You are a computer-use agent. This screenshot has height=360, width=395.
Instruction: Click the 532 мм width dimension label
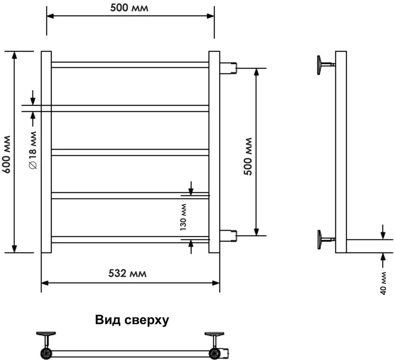[x=127, y=274]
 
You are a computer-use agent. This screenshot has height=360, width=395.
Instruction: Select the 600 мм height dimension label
[x=7, y=154]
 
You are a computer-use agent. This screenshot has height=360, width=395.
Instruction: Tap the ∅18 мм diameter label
[x=33, y=150]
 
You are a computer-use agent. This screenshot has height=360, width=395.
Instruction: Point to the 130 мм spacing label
[x=183, y=217]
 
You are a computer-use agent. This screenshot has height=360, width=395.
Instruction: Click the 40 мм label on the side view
[x=383, y=283]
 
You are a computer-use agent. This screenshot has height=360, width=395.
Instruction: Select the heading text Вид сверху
[x=132, y=320]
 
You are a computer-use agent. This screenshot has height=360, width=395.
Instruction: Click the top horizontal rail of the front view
[x=130, y=65]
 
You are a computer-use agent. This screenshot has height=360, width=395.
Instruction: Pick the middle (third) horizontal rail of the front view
[x=130, y=152]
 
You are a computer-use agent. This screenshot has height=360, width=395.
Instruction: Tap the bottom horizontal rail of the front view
[x=130, y=240]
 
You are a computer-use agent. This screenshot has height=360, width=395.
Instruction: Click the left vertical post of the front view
[x=46, y=152]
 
